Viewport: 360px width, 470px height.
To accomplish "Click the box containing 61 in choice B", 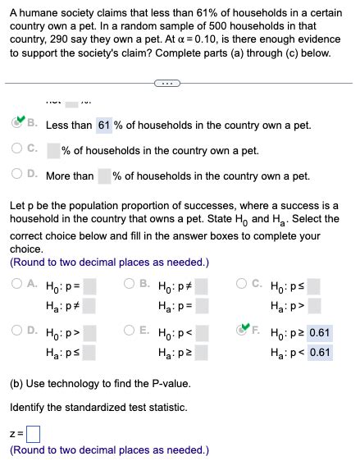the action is [x=104, y=125].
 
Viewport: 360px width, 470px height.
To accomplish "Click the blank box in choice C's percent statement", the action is [x=53, y=151].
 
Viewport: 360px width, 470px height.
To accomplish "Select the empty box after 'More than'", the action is [x=104, y=176].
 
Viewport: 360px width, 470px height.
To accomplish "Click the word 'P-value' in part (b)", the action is [x=166, y=384].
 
